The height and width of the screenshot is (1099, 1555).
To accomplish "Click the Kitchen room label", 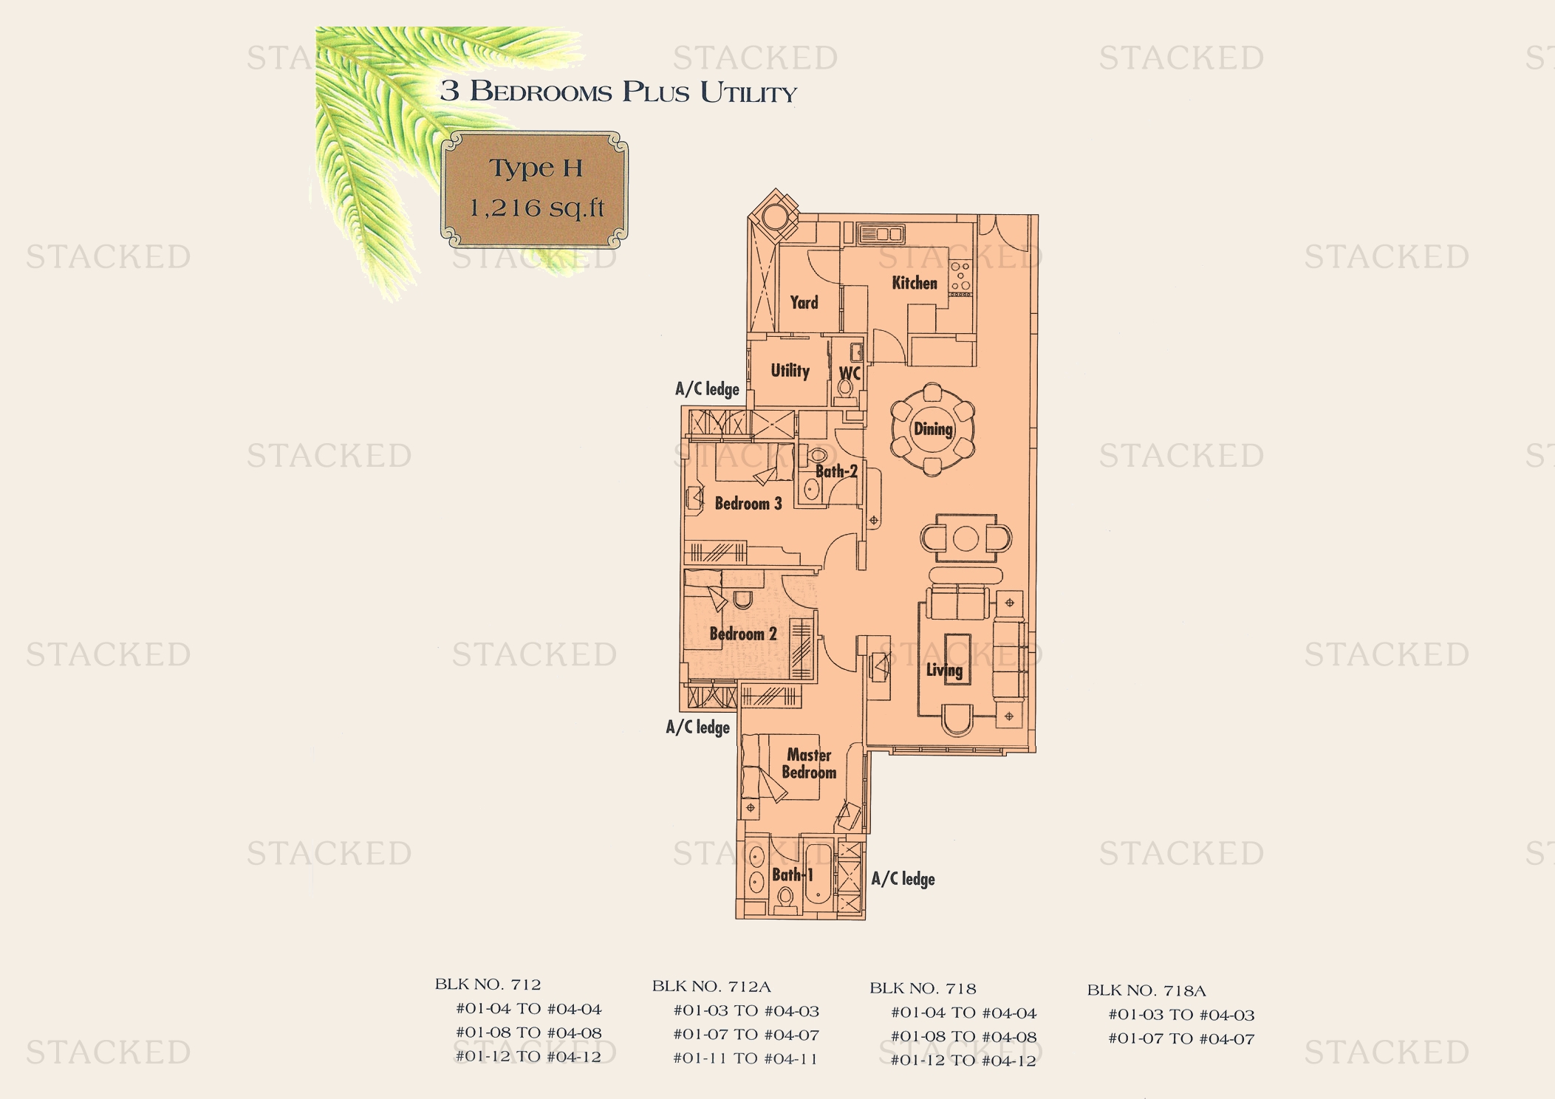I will click(915, 283).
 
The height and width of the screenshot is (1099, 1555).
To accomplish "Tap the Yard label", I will click(804, 302).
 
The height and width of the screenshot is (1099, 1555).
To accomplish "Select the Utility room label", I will click(790, 371).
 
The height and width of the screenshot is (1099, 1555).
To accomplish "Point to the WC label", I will click(850, 374).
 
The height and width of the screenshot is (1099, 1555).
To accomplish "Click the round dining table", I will click(932, 429).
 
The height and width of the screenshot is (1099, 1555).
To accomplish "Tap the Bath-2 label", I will click(836, 471).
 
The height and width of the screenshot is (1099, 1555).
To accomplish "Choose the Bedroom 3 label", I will click(748, 504).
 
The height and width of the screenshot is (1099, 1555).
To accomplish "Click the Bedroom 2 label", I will click(742, 634).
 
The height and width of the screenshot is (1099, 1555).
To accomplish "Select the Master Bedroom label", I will click(809, 764).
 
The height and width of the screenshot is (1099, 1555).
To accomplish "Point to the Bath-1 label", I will click(792, 875).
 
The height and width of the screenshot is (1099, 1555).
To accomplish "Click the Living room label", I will click(944, 671).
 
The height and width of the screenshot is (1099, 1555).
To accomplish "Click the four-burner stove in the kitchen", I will click(960, 276).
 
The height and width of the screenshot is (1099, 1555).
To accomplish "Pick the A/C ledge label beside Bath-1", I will click(903, 879).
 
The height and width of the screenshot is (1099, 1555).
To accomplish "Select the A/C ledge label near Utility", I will click(707, 389).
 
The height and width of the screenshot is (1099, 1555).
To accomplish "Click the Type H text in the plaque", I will click(536, 168).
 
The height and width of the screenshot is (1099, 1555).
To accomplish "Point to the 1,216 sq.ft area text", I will click(536, 208).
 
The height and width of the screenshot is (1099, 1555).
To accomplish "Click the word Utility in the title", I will click(748, 92).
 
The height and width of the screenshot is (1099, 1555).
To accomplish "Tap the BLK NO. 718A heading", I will click(1146, 990).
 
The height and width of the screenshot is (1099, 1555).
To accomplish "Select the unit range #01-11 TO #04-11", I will click(745, 1058).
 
